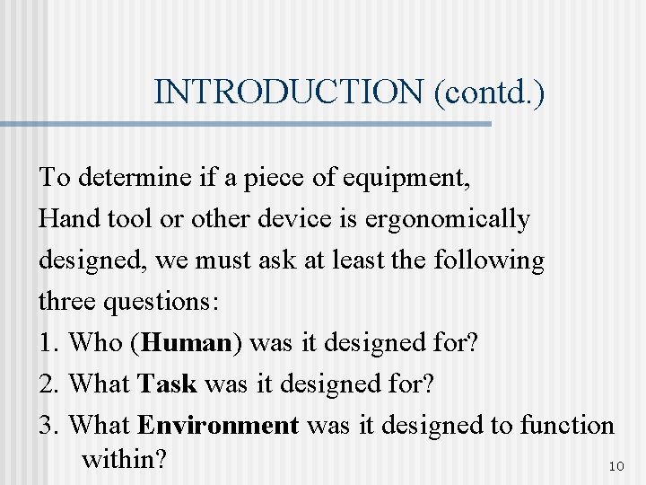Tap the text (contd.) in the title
(489, 92)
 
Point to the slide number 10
(615, 467)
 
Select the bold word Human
(192, 343)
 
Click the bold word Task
(168, 384)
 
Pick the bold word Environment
(219, 425)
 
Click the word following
(489, 260)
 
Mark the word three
(68, 302)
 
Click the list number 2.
(47, 384)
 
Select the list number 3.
(47, 425)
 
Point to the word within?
(124, 460)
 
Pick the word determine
(131, 178)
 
